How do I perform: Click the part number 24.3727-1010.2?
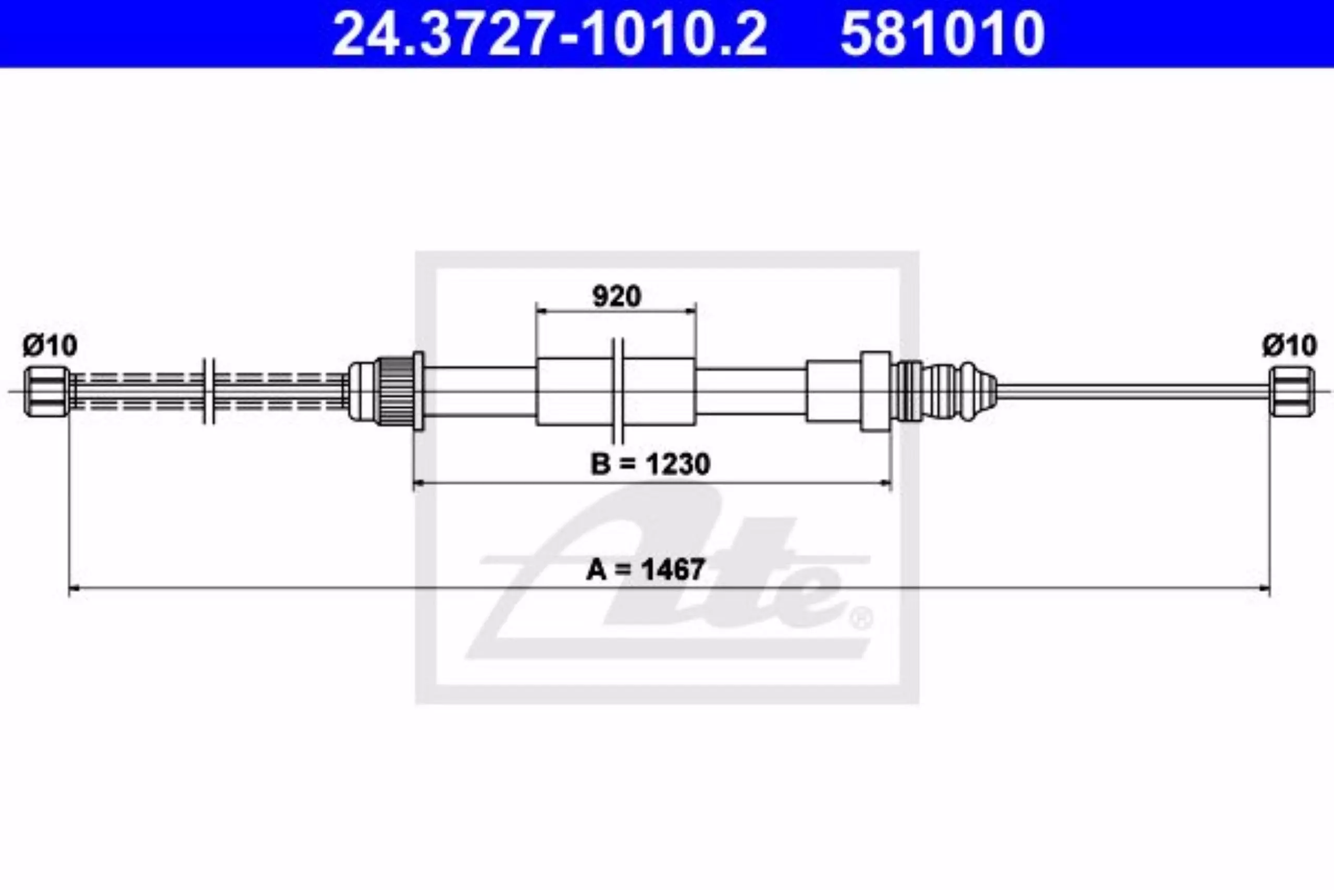click(549, 33)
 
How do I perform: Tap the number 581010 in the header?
click(942, 33)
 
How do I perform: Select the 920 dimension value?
click(616, 296)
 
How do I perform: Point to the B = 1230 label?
click(650, 464)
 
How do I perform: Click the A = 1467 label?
click(646, 569)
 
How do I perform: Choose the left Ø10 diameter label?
click(50, 346)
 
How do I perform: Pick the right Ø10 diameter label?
click(1289, 345)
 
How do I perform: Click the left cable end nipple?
click(46, 392)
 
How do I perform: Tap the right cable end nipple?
click(1291, 392)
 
